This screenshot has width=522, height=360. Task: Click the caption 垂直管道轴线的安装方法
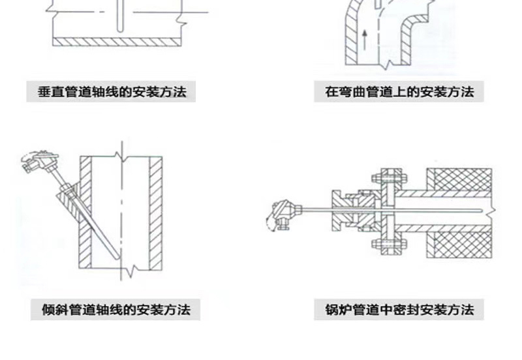tap(112, 91)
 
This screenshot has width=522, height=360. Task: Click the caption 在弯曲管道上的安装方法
tap(399, 91)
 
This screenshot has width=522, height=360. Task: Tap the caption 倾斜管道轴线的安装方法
tap(116, 309)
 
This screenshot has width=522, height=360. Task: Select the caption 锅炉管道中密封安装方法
tap(399, 309)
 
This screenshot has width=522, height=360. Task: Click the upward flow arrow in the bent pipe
tap(365, 40)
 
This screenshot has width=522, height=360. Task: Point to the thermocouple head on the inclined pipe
tap(39, 161)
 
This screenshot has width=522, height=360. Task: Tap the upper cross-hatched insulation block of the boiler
tap(459, 179)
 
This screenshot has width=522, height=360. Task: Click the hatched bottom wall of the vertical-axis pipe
tap(117, 42)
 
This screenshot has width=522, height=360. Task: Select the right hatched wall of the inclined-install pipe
tap(155, 213)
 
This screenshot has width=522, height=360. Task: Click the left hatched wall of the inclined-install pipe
tap(85, 213)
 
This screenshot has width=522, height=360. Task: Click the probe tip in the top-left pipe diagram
tap(120, 30)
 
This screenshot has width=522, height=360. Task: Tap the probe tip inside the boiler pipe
tap(480, 210)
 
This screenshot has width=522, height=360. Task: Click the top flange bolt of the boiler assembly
tap(389, 178)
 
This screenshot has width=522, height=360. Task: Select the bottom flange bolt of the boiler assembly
tap(389, 244)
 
